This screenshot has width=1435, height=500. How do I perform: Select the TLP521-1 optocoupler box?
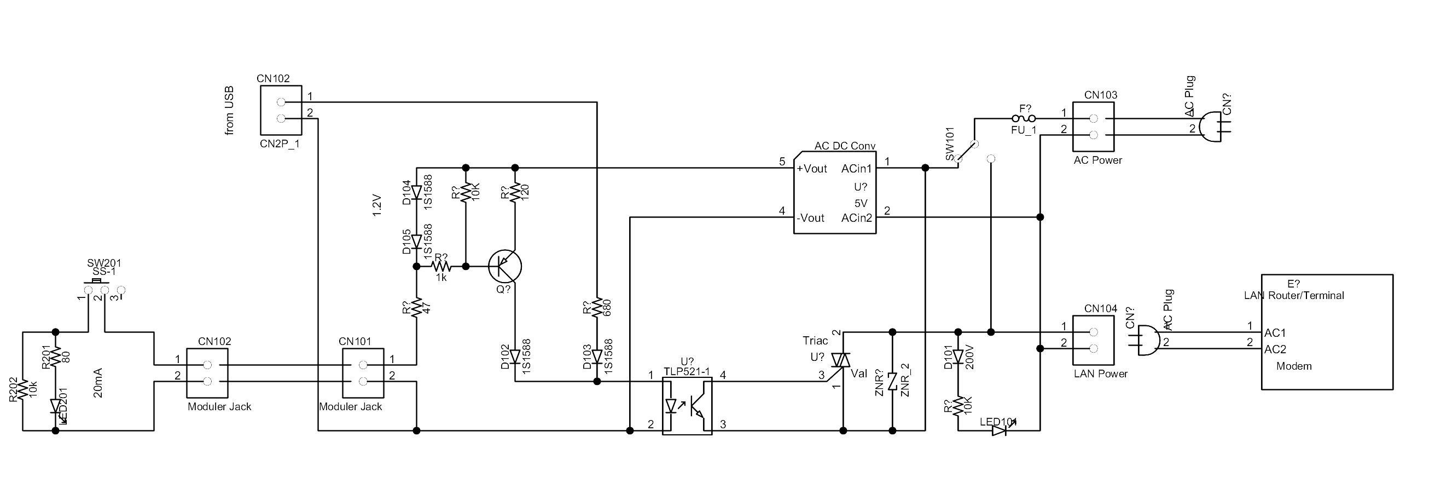click(687, 406)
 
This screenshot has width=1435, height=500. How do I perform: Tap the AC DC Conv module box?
click(834, 192)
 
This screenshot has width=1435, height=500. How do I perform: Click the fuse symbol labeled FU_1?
click(1024, 118)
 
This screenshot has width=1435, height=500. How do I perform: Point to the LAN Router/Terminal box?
click(1327, 332)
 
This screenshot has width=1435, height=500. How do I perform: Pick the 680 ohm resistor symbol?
click(597, 308)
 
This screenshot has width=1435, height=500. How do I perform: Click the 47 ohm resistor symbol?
click(416, 308)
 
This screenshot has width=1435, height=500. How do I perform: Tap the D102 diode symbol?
click(515, 357)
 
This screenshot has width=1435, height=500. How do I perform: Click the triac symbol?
click(841, 361)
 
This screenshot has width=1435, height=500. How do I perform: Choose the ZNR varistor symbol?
click(892, 381)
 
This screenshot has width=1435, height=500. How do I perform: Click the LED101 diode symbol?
click(1000, 430)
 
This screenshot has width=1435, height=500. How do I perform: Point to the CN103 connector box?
click(1093, 127)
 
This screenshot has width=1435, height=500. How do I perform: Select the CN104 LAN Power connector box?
click(1093, 340)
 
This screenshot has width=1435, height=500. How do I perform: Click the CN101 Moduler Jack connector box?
click(363, 373)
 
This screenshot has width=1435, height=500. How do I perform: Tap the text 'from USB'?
click(229, 111)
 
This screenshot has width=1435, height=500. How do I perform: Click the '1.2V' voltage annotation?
click(377, 205)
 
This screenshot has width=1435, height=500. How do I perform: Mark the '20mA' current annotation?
click(98, 382)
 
